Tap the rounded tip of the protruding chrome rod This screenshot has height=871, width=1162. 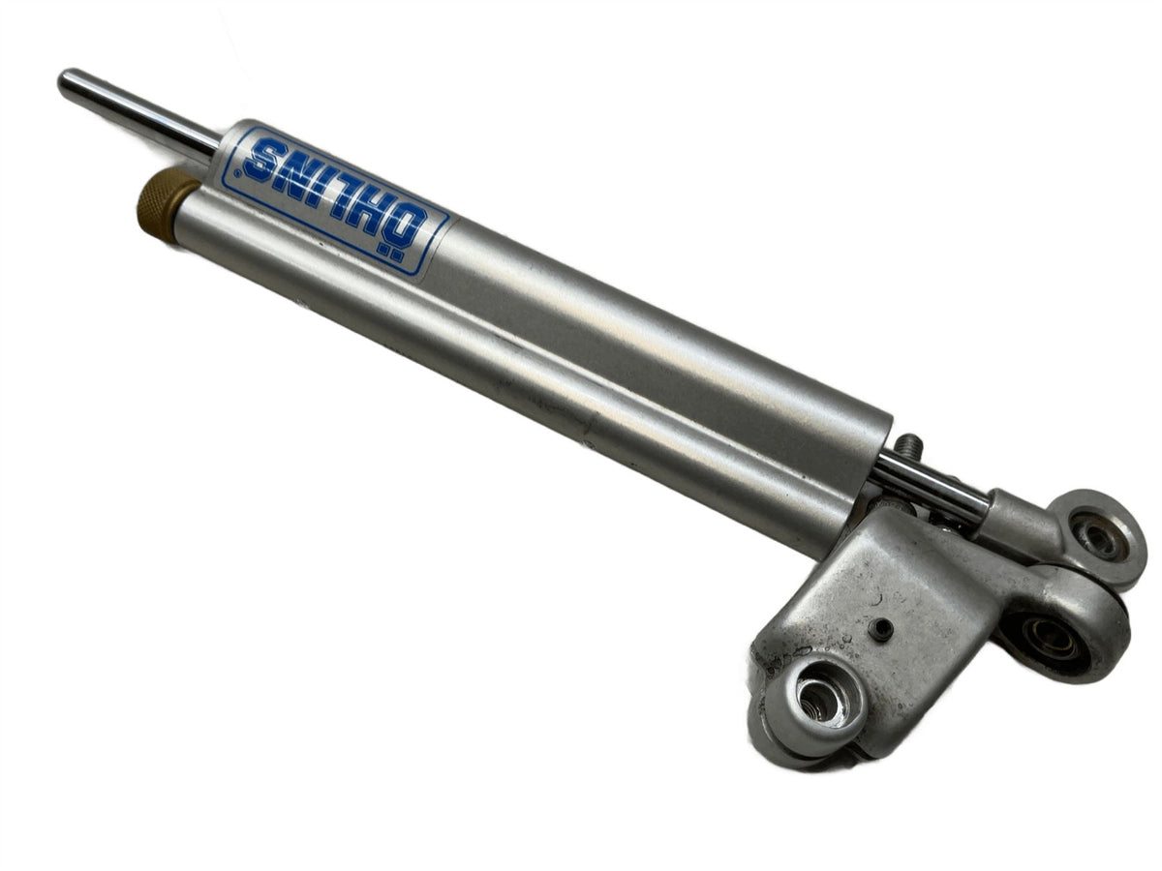click(x=66, y=84)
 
